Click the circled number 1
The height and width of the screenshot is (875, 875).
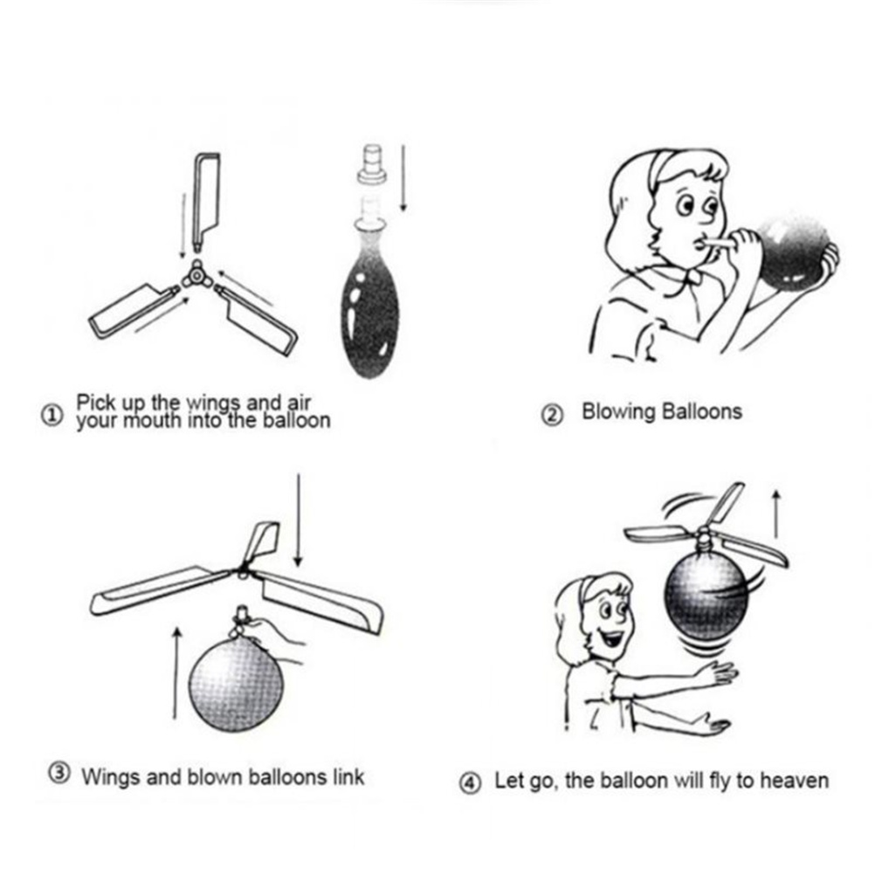point(52,416)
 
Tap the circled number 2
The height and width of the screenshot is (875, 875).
point(553,415)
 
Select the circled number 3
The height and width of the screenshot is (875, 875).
point(59,774)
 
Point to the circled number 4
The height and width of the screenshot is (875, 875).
point(470,782)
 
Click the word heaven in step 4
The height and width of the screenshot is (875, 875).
point(795,780)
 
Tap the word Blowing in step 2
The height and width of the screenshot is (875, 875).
point(618,412)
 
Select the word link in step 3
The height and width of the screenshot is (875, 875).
point(348,776)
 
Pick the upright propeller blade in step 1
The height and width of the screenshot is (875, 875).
point(206,201)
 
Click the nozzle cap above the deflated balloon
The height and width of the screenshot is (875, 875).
point(372,164)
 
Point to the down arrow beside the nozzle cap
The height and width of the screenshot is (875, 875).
point(403,178)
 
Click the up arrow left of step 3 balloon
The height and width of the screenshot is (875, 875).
point(176,673)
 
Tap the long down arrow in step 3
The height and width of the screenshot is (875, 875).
point(299,520)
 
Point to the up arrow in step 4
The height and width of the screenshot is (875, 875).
point(776,514)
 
